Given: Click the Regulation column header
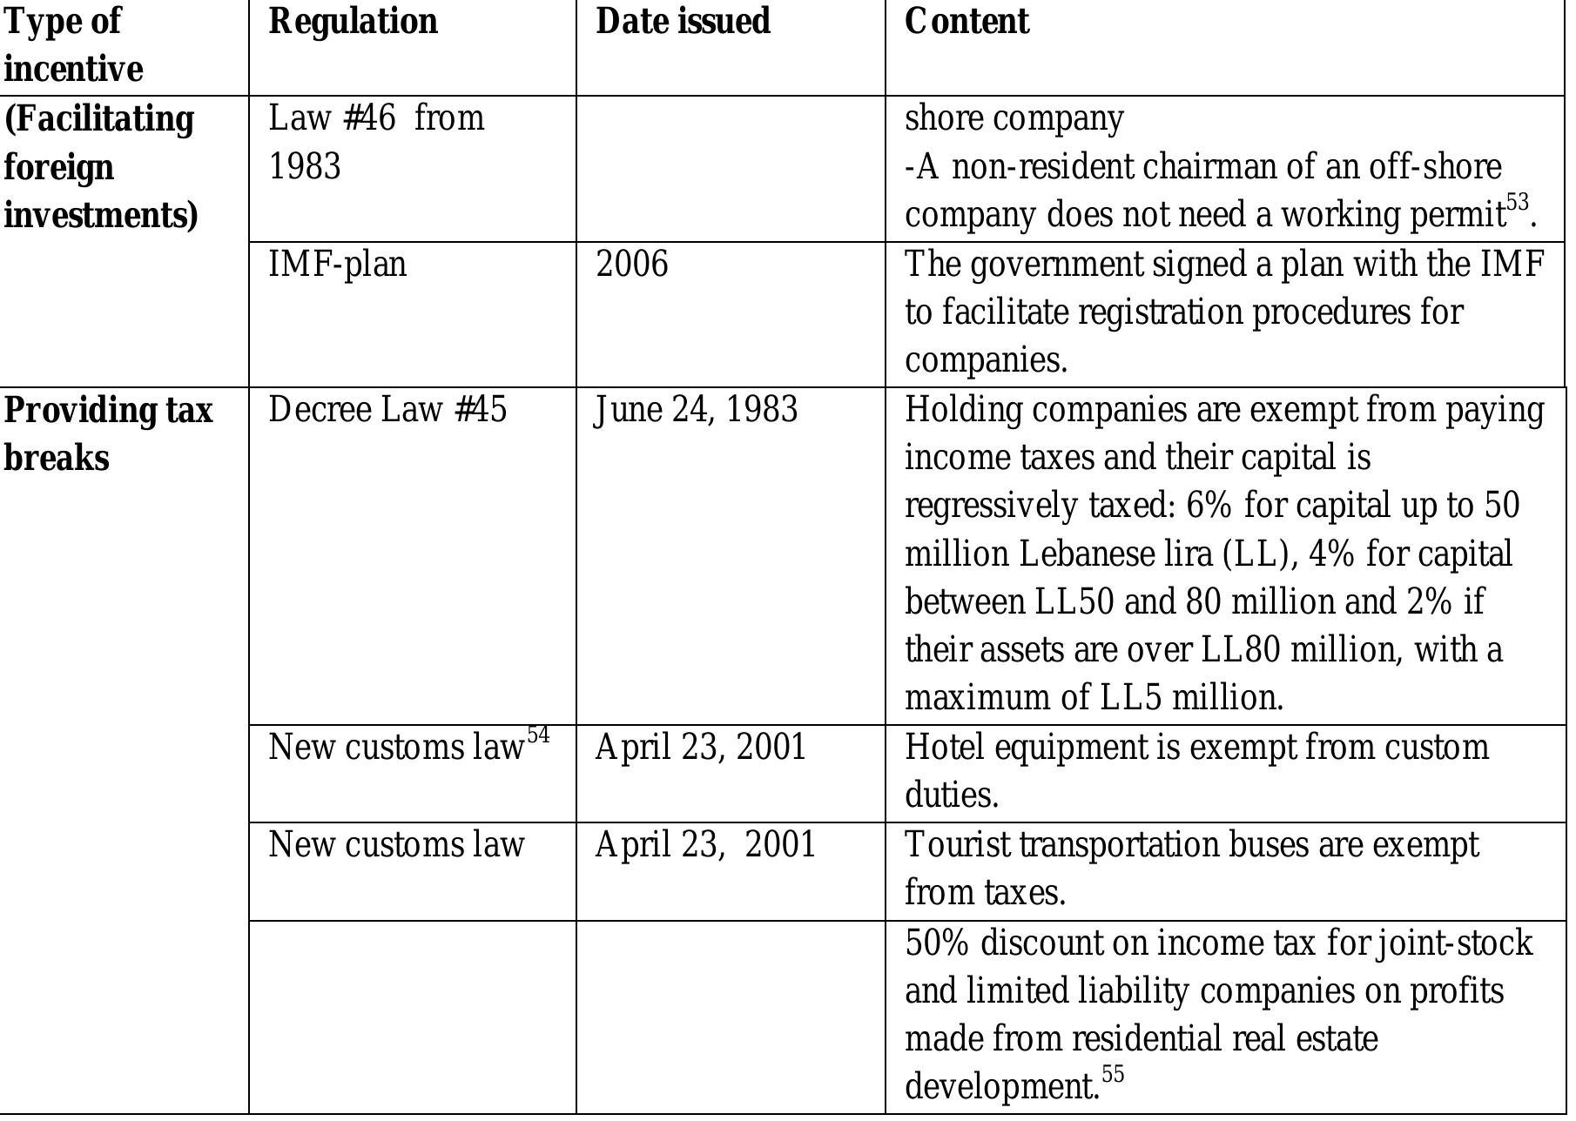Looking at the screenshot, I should [353, 22].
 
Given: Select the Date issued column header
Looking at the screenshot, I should [683, 22].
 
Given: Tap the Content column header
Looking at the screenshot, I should [966, 22].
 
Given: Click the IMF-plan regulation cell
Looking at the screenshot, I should [337, 264].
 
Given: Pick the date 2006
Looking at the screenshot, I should [632, 264].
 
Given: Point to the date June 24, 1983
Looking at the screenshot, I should [696, 410].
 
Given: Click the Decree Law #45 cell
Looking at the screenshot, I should [387, 410].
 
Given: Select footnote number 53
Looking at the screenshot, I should [1517, 203].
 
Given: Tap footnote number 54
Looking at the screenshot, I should [538, 735].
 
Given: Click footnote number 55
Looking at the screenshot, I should [1113, 1074].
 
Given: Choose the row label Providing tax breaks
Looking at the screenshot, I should [108, 433].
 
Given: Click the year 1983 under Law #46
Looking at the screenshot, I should [305, 166].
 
